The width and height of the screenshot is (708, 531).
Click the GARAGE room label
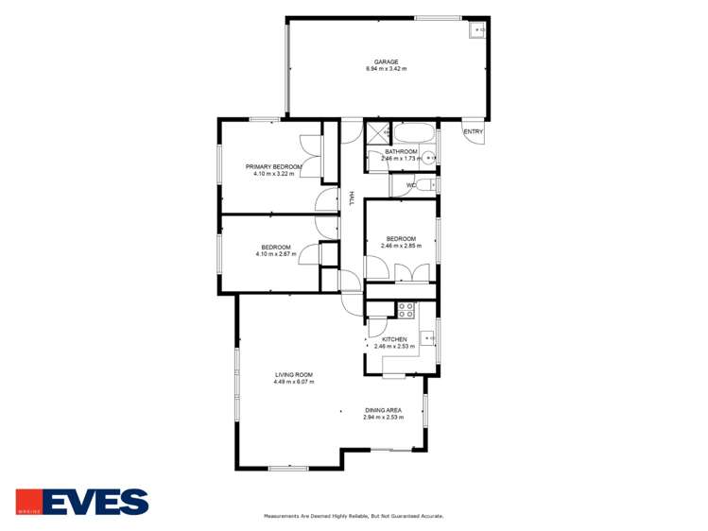386,62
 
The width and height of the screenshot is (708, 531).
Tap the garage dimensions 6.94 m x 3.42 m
386,70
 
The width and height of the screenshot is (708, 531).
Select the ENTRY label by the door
474,131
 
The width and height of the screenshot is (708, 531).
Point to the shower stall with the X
377,134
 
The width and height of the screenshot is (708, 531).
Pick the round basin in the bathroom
428,159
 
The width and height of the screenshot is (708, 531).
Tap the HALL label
352,197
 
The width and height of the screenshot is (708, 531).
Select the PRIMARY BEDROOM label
273,166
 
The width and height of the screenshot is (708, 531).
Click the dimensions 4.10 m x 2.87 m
276,254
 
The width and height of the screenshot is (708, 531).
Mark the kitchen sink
428,334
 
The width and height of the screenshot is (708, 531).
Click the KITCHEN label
394,339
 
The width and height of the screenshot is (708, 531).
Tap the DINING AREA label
384,410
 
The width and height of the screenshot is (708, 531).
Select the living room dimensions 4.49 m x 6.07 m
294,382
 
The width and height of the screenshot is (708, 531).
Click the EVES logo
82,502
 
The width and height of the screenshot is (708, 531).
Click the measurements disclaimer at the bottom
353,517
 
